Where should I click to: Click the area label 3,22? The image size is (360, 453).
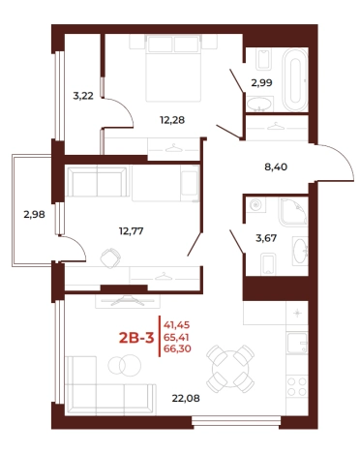click(x=83, y=96)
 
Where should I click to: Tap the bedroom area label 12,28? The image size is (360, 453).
click(x=172, y=120)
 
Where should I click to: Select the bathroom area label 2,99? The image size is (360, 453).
click(x=261, y=83)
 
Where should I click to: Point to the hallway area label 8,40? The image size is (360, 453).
click(x=276, y=167)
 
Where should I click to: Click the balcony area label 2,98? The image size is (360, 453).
click(x=34, y=214)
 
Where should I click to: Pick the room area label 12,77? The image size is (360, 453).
click(x=132, y=231)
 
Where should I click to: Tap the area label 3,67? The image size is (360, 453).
click(x=266, y=238)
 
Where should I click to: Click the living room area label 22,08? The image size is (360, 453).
click(x=186, y=398)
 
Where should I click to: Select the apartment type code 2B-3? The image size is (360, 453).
click(x=136, y=338)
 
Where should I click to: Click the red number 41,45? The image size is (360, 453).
click(x=177, y=325)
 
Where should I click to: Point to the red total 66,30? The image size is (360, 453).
click(x=177, y=348)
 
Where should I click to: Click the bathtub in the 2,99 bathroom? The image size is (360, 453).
click(x=295, y=80)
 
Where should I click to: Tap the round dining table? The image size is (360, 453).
click(x=230, y=368)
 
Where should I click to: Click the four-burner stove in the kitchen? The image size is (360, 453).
click(x=297, y=386)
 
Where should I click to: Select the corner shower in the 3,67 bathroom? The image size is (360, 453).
click(x=293, y=211)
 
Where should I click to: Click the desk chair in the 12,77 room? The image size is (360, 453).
click(x=110, y=257)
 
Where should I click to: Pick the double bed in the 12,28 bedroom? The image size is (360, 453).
click(x=173, y=69)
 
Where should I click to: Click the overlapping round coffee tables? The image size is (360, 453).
click(x=125, y=365)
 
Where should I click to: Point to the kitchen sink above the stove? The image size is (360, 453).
click(x=297, y=343)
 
